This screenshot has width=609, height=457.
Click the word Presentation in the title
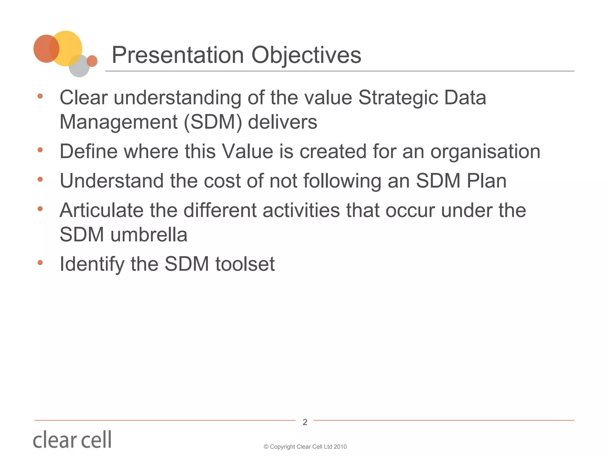pyautogui.click(x=178, y=55)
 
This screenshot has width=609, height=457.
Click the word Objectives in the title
pyautogui.click(x=306, y=55)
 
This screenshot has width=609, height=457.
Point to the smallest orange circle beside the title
pyautogui.click(x=92, y=61)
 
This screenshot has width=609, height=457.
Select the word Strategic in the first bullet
pyautogui.click(x=398, y=98)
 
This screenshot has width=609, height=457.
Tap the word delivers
pyautogui.click(x=282, y=122)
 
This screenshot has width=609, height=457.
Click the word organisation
pyautogui.click(x=485, y=152)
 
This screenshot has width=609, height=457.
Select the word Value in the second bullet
pyautogui.click(x=247, y=151)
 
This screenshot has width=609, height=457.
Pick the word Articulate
pyautogui.click(x=101, y=210)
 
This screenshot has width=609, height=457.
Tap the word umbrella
pyautogui.click(x=149, y=235)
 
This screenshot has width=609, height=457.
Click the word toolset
pyautogui.click(x=245, y=264)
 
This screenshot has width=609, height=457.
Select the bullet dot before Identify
pyautogui.click(x=40, y=262)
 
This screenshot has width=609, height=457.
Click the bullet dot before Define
pyautogui.click(x=40, y=150)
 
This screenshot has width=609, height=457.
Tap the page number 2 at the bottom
pyautogui.click(x=305, y=422)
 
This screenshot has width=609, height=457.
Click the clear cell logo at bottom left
pyautogui.click(x=72, y=439)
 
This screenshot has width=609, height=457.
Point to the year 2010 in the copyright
pyautogui.click(x=340, y=447)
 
